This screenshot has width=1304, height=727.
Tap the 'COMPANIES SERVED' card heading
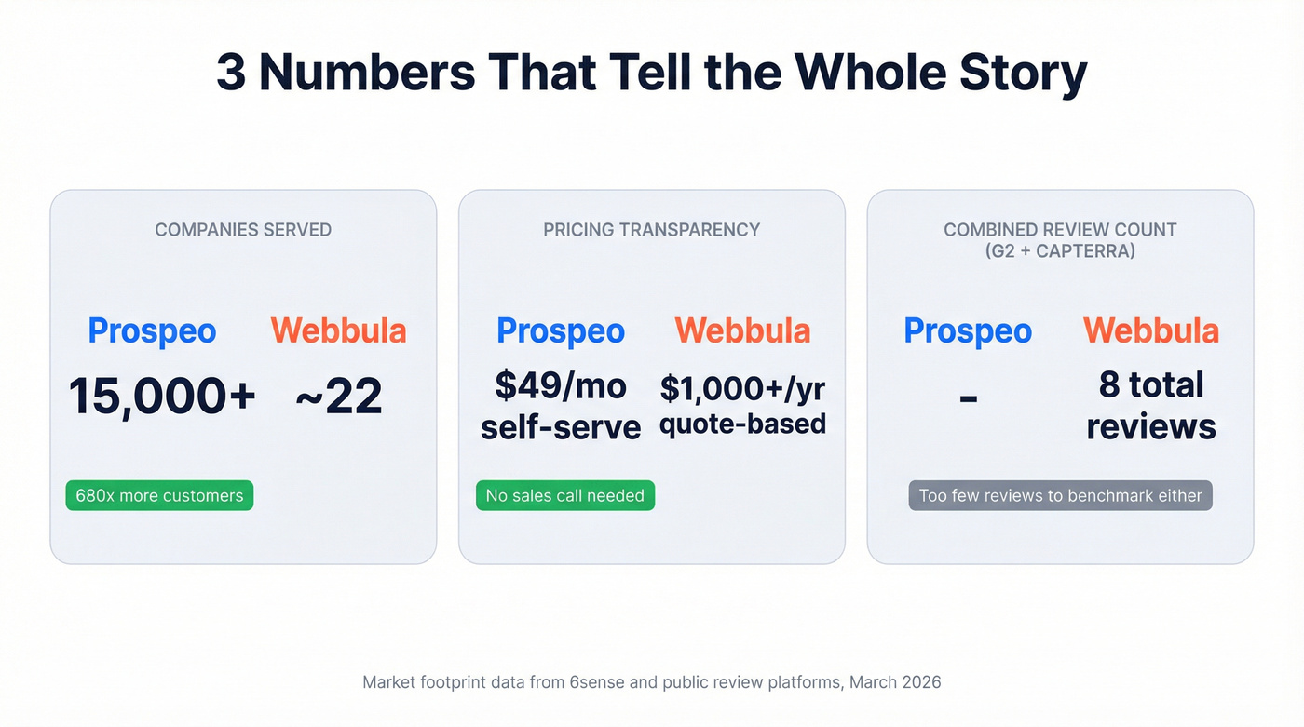[x=243, y=230]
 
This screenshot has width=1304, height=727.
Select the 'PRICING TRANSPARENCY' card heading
[x=651, y=230]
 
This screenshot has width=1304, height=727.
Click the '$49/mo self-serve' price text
[x=561, y=406]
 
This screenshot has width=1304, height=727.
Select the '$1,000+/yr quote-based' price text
[x=742, y=406]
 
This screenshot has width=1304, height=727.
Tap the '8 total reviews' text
[x=1151, y=406]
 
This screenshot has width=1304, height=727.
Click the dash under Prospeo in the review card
[x=968, y=398]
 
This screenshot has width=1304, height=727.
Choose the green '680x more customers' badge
[x=159, y=496]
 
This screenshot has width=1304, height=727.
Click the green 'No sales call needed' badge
[x=565, y=496]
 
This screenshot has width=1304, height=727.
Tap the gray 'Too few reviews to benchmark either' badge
[x=1060, y=496]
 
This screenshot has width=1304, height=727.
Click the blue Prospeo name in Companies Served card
[x=152, y=331]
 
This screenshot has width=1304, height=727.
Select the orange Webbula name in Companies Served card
[x=338, y=331]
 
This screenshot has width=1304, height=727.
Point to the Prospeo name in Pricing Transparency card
[x=561, y=331]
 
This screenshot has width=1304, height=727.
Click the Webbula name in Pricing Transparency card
[x=742, y=331]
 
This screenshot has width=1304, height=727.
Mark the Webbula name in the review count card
[x=1151, y=331]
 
